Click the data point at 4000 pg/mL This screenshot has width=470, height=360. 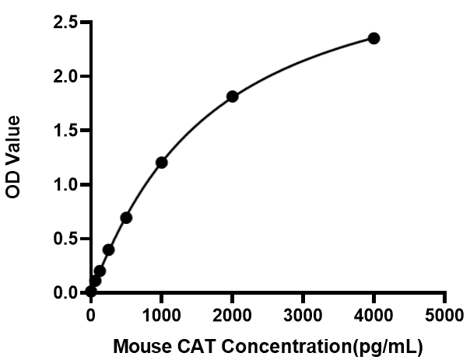(x=374, y=38)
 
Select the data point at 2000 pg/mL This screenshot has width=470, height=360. (x=233, y=96)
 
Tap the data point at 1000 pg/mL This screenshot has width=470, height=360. (x=162, y=163)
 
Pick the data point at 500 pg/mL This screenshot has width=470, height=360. (x=126, y=218)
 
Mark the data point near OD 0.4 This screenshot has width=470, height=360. (x=108, y=250)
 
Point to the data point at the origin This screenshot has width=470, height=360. (x=91, y=291)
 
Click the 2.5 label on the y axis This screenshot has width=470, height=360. (x=65, y=23)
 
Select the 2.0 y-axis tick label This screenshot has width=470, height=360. (x=65, y=76)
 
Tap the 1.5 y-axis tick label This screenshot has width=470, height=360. (x=65, y=131)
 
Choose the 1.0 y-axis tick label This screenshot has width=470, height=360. (x=65, y=185)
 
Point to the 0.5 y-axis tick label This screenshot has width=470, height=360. (x=65, y=239)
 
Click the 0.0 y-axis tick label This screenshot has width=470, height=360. (x=65, y=292)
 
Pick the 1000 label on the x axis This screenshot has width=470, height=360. (x=161, y=315)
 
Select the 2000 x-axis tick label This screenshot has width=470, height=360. (x=232, y=315)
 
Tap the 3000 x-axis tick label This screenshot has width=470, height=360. (x=303, y=315)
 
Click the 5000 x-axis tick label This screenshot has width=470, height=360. (x=444, y=315)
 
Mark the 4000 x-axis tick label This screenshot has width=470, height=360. (x=374, y=315)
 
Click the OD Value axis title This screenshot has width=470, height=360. (x=13, y=157)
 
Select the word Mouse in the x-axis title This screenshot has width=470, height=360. (x=142, y=347)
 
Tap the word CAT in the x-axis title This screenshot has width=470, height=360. (x=197, y=347)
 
